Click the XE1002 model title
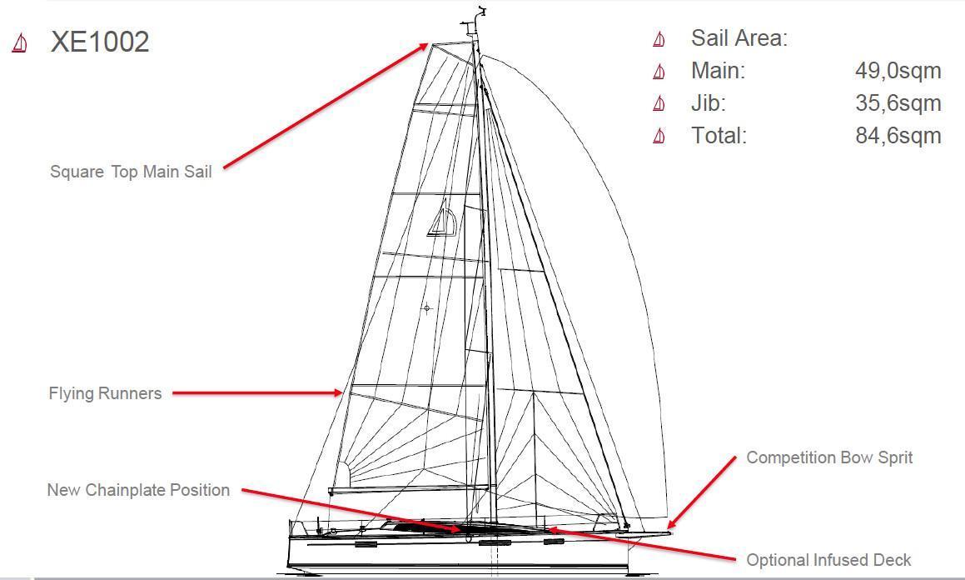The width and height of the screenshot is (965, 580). pos(100,42)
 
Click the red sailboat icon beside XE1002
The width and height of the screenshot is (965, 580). pos(20,43)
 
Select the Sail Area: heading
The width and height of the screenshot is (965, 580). pos(739,38)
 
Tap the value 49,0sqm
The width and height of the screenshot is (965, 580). pos(898,71)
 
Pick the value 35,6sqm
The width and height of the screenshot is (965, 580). pos(898,103)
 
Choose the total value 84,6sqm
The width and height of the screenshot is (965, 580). pos(898,136)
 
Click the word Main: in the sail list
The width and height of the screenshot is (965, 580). pos(718,71)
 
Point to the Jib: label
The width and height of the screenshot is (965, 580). pos(709,103)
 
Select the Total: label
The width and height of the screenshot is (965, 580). pos(719,136)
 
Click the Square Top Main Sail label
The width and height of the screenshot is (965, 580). pos(131,172)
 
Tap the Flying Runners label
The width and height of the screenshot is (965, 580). pos(105,393)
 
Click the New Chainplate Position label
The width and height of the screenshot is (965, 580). pos(138,490)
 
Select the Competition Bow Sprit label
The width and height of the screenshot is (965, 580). pos(829,458)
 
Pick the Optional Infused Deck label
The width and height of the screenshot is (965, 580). pos(828,560)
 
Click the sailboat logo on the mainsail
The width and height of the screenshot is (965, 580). pos(442,218)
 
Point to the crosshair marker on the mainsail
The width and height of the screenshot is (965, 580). pos(427,307)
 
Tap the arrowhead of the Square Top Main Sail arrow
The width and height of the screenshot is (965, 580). pos(424,46)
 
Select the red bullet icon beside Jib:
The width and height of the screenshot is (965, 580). pos(659,103)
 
